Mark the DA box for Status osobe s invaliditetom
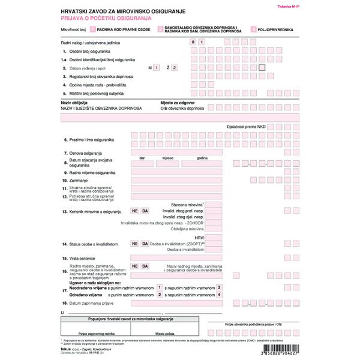click(x=145, y=244)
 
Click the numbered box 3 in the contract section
click(x=220, y=288)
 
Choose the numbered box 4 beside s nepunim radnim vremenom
click(x=220, y=295)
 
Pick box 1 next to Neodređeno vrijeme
click(x=159, y=288)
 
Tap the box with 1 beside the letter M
click(x=156, y=68)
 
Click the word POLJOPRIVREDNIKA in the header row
click(x=275, y=29)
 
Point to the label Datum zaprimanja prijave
click(x=95, y=304)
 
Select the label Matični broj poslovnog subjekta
click(x=97, y=93)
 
